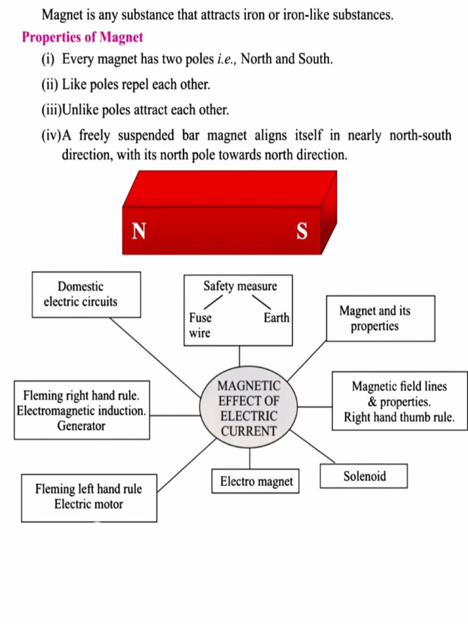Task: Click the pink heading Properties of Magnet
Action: coord(82,37)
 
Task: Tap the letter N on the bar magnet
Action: coord(139,232)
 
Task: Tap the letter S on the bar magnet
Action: coord(302,232)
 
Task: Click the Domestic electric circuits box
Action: coord(86,294)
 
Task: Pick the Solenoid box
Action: coord(364,476)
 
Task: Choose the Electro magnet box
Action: coord(256,481)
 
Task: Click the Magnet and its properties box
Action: coord(380,318)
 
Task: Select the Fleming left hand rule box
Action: coord(89,497)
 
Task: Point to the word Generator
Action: coord(81,426)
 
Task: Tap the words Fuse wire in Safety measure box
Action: coord(200,325)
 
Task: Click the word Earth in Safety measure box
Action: coord(276,318)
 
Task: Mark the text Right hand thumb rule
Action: coord(399,417)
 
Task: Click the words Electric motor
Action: coord(88,505)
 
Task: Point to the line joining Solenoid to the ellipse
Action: coord(313,446)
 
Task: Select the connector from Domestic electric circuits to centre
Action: coord(155,357)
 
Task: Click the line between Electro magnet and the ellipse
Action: coord(249,458)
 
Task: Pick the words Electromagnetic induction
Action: coord(81,411)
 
